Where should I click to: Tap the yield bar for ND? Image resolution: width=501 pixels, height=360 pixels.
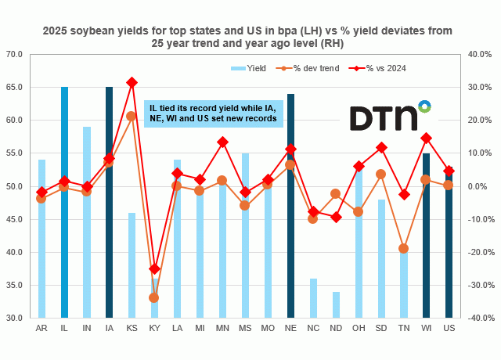(336, 304)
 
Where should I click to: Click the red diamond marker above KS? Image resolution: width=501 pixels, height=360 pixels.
(132, 82)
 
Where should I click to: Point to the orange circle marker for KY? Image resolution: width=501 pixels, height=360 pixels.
(154, 297)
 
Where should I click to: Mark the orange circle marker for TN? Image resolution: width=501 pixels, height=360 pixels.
(404, 248)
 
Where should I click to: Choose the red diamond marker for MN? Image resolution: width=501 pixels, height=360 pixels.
(222, 142)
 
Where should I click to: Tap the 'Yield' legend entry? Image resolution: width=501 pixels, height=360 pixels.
(250, 68)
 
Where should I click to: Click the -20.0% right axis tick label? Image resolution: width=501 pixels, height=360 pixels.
(477, 252)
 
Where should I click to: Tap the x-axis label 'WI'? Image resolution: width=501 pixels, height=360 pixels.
(426, 329)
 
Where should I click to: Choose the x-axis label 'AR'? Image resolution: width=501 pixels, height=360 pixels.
(41, 329)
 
